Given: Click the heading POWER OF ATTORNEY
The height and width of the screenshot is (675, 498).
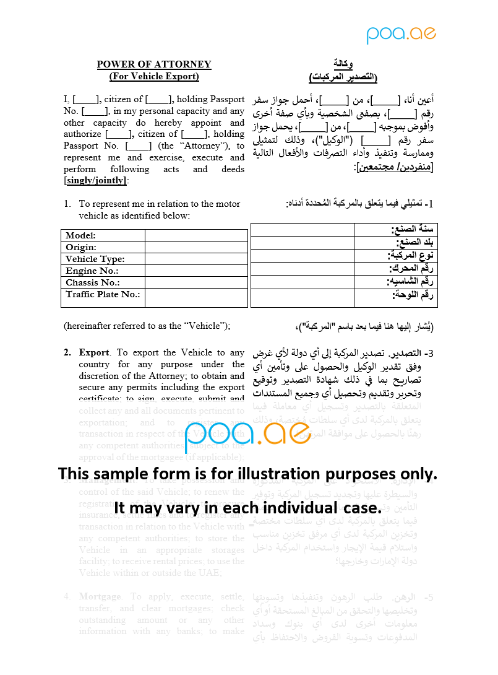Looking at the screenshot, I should click(x=154, y=64).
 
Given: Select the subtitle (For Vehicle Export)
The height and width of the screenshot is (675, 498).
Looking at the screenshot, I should click(x=154, y=76).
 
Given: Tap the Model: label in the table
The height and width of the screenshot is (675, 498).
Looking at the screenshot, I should click(x=81, y=235).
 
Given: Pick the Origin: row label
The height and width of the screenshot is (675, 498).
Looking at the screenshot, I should click(x=81, y=247).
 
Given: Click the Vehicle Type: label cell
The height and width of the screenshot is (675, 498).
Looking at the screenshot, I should click(x=95, y=259).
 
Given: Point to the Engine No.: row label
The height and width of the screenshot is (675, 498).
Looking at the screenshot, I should click(x=92, y=271).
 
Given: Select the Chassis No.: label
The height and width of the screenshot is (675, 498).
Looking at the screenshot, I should click(x=93, y=282).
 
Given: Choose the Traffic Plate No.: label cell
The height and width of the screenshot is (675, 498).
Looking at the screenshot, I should click(x=103, y=294).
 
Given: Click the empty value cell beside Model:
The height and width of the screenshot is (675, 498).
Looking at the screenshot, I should click(x=196, y=235).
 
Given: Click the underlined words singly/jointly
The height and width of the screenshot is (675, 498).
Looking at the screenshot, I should click(x=95, y=181).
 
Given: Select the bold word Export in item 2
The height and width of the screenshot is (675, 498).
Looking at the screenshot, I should click(x=94, y=352).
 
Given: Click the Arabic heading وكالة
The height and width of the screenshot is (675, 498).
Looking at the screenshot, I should click(x=343, y=64).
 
